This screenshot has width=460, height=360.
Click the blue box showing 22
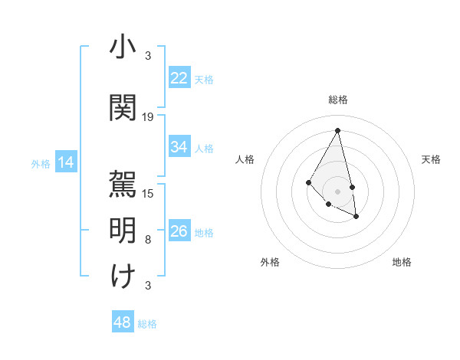179,78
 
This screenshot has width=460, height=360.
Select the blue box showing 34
179,147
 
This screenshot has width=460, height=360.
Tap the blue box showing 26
179,231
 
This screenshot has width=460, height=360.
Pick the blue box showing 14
66,162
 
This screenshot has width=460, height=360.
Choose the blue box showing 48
123,322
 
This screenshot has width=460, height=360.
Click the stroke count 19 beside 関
148,117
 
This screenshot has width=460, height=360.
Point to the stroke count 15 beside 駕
148,193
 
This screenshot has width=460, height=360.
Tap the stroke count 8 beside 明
148,240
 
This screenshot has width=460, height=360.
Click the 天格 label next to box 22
204,79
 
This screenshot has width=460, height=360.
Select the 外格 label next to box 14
41,163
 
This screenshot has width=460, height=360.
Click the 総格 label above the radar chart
338,100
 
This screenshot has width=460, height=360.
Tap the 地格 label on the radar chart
402,262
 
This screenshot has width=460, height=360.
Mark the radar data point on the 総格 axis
338,130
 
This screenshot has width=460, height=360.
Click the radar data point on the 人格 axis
308,182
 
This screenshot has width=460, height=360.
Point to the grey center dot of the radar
338,191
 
